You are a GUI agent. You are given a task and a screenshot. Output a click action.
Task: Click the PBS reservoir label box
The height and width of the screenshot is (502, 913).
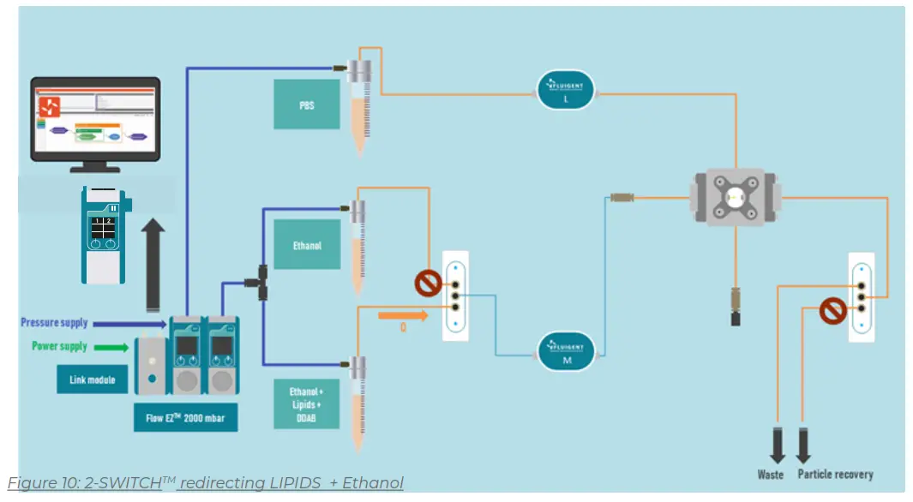coord(306,105)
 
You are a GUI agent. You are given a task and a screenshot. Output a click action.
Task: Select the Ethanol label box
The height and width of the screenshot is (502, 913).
coord(307,245)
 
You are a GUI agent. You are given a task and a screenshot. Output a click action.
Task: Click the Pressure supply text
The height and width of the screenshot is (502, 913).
coord(54,323)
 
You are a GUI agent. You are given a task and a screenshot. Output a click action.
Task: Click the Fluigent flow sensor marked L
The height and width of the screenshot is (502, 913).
coord(566,89)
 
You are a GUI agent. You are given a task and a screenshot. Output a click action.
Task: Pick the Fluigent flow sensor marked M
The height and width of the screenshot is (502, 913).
coord(566,352)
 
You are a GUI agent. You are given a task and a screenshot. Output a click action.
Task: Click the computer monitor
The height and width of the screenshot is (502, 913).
coord(95,120)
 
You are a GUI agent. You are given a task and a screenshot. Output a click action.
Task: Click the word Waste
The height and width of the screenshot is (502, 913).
coord(771,474)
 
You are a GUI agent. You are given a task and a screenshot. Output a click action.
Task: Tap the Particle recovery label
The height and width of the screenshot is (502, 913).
coord(836,474)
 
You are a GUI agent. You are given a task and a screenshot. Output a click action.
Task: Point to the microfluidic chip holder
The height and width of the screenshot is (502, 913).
coord(734,197)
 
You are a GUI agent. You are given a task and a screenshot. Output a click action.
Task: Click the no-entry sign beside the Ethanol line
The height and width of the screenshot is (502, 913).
coord(426,284)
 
